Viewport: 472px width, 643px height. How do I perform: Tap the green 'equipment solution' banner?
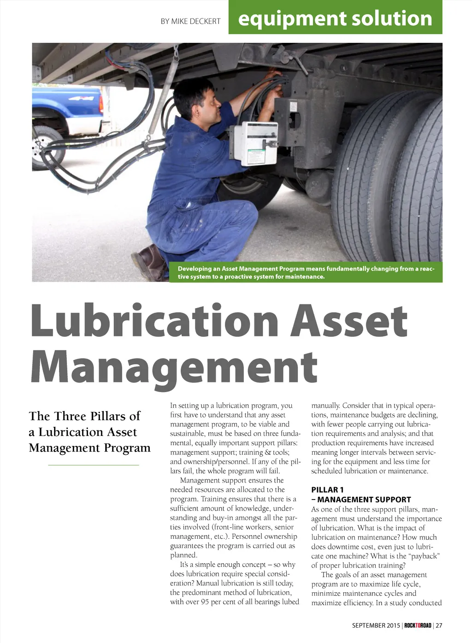point(335,18)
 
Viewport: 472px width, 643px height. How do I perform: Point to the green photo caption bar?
point(305,273)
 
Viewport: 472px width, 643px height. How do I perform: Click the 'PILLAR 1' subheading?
point(327,490)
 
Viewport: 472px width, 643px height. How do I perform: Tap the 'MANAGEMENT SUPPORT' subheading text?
point(364,500)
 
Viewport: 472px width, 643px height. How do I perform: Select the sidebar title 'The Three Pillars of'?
point(84,416)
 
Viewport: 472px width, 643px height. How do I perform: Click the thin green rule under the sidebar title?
point(93,465)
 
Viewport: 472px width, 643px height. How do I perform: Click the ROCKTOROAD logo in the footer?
point(418,625)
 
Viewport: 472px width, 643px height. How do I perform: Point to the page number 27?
point(439,625)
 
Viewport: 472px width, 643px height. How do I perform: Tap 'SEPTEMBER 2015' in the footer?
point(376,625)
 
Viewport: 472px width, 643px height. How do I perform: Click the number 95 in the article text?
point(205,602)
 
